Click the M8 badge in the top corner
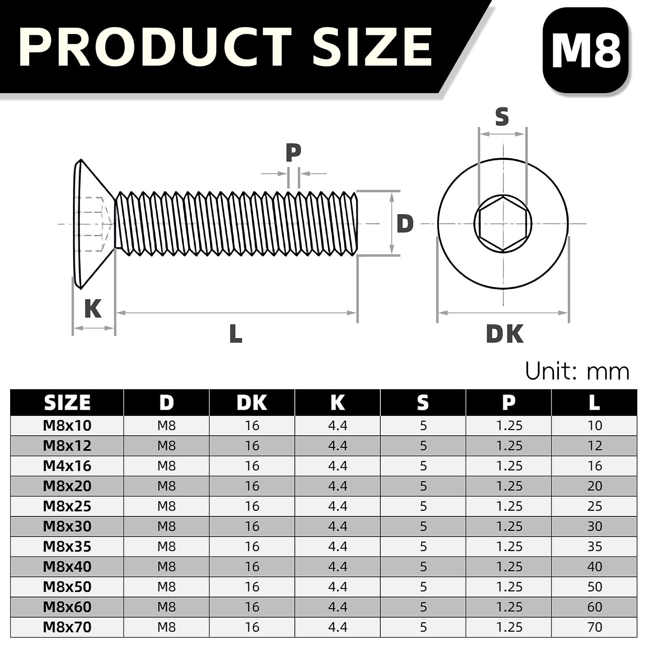click(586, 51)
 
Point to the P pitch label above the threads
click(293, 153)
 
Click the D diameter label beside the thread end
click(405, 224)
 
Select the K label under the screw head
click(93, 309)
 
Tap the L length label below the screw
click(235, 334)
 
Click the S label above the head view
click(502, 117)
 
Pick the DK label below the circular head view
click(504, 334)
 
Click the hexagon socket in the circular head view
click(503, 223)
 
